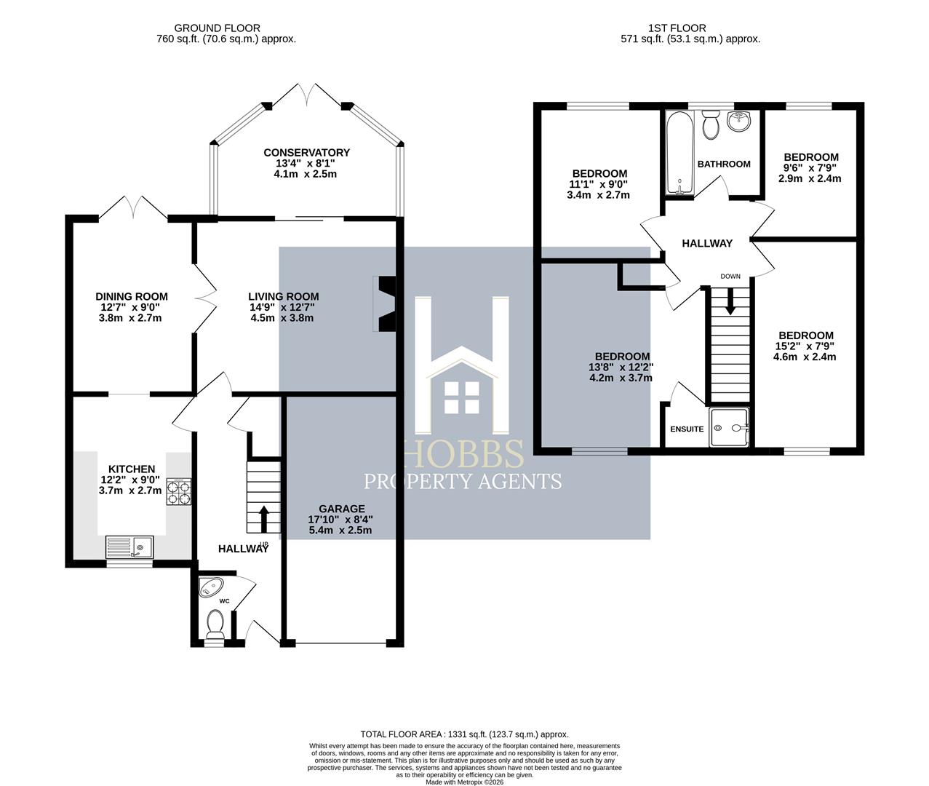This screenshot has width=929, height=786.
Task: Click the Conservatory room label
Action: click(306, 152)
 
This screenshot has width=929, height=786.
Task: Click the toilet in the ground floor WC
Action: click(215, 624)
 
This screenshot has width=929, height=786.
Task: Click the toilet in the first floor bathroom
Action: click(711, 125)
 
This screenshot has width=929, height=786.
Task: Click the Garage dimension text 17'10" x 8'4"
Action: click(340, 520)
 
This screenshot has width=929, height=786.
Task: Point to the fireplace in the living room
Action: click(385, 303)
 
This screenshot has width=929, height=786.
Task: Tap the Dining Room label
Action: click(132, 296)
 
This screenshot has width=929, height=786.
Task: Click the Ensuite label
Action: click(687, 429)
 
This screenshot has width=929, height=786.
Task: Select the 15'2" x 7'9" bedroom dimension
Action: click(805, 346)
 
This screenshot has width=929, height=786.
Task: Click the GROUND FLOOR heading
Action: click(227, 28)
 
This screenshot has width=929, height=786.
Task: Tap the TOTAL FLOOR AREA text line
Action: click(464, 734)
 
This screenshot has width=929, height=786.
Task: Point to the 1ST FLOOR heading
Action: click(690, 28)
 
